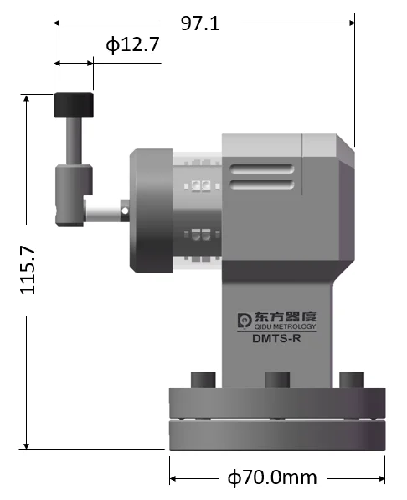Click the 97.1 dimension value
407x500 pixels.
click(x=200, y=23)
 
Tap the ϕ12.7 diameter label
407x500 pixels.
click(x=132, y=45)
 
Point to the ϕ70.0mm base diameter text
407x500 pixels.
click(x=273, y=477)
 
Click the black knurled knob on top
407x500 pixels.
click(x=74, y=106)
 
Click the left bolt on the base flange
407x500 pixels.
click(x=202, y=379)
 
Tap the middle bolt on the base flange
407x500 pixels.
click(x=276, y=379)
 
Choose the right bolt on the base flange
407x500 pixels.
click(x=351, y=379)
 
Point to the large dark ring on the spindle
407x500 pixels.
click(x=152, y=211)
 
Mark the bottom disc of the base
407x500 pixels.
click(x=277, y=434)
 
